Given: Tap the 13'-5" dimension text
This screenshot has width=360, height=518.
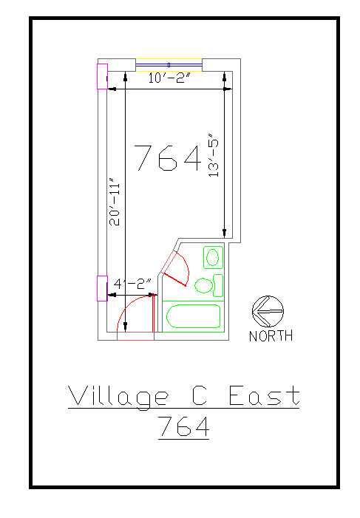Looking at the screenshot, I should pyautogui.click(x=214, y=155).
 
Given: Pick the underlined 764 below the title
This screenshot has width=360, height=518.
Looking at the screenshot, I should pyautogui.click(x=184, y=427).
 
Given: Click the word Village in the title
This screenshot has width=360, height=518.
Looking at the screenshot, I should pyautogui.click(x=118, y=396).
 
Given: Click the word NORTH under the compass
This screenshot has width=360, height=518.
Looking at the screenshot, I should pyautogui.click(x=271, y=336).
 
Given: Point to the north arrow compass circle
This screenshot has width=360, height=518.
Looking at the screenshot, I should pyautogui.click(x=266, y=311).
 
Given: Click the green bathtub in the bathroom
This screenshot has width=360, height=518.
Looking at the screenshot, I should pyautogui.click(x=193, y=316).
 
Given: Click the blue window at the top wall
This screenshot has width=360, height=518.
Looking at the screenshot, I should pyautogui.click(x=169, y=65).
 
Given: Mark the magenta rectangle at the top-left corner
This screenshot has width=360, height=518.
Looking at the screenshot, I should pyautogui.click(x=102, y=76).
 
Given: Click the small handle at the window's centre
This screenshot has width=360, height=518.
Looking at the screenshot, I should pyautogui.click(x=169, y=65).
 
